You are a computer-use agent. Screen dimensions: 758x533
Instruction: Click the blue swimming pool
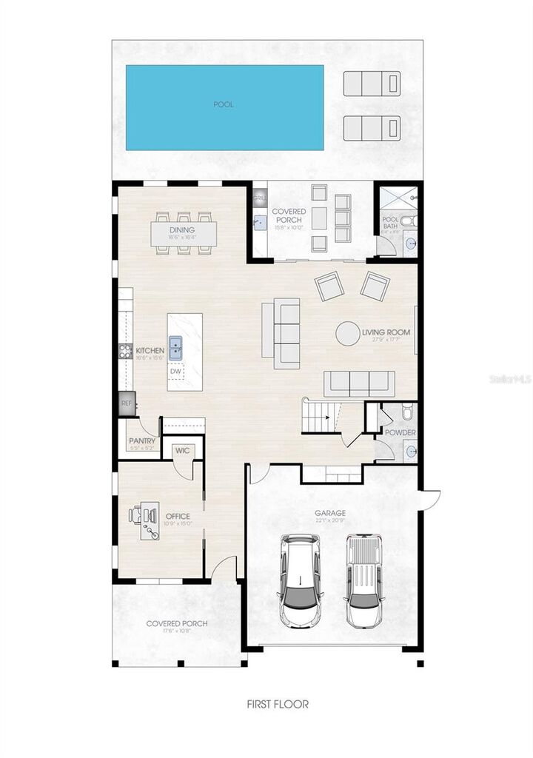click(x=224, y=107)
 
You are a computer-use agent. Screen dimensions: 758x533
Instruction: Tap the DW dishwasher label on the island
click(x=176, y=372)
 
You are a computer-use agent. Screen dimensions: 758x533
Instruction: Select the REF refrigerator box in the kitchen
click(x=126, y=403)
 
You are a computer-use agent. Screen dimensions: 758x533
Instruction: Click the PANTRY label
click(x=142, y=441)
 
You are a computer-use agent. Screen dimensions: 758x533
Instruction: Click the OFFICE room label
click(x=178, y=516)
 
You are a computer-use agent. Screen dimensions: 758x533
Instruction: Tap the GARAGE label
click(x=330, y=512)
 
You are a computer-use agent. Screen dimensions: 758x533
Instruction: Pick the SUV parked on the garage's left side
click(x=300, y=580)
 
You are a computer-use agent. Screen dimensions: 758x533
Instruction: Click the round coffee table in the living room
click(x=348, y=333)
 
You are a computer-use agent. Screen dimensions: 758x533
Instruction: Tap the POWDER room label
click(x=400, y=432)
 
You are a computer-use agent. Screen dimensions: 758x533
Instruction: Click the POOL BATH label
click(x=390, y=224)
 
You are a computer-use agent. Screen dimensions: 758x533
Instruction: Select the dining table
click(x=182, y=234)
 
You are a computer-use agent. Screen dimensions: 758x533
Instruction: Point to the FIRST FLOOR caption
click(x=278, y=704)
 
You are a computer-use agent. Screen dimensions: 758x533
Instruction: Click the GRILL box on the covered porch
click(x=259, y=198)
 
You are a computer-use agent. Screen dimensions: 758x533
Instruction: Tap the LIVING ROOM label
click(x=386, y=332)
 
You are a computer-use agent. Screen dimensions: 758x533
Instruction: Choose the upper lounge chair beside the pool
click(x=372, y=81)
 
